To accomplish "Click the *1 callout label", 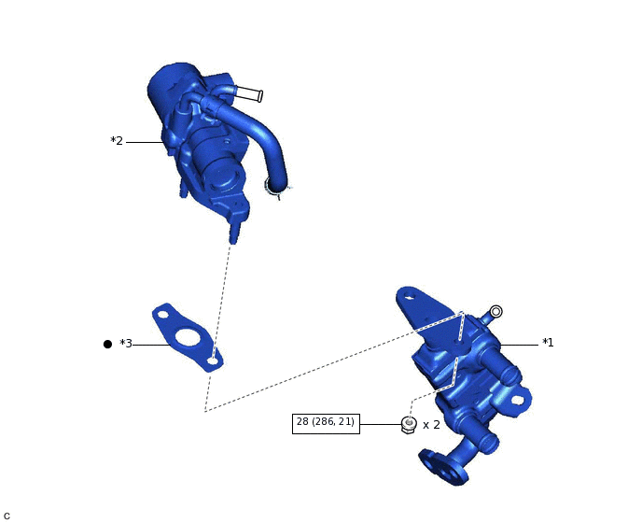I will [548, 343].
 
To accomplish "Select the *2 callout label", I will [117, 141].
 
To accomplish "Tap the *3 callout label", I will [126, 344].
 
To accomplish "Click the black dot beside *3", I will [107, 344].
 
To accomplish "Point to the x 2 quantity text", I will [431, 425].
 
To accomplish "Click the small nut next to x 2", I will [409, 425].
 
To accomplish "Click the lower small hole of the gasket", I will [214, 359].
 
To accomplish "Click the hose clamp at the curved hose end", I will [276, 188].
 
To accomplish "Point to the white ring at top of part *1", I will [496, 311].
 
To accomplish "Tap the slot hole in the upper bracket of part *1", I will [409, 300].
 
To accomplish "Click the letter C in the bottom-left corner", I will [7, 516].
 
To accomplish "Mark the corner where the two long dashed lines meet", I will [205, 411].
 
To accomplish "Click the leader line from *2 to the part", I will [145, 142].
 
